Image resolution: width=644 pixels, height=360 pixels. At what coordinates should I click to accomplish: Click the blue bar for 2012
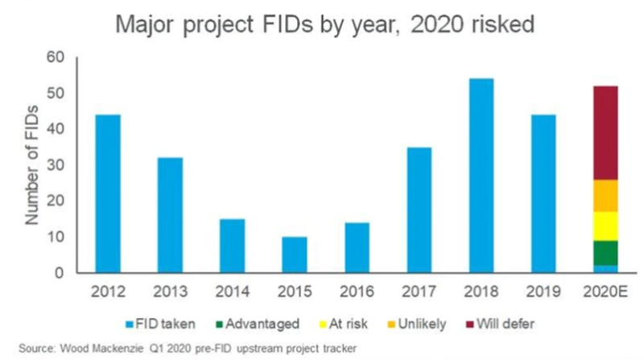108,193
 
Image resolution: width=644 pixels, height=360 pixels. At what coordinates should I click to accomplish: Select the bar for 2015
294,254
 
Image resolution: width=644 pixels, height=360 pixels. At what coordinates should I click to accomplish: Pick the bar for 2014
232,246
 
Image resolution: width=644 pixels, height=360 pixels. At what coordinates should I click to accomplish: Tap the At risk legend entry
342,324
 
